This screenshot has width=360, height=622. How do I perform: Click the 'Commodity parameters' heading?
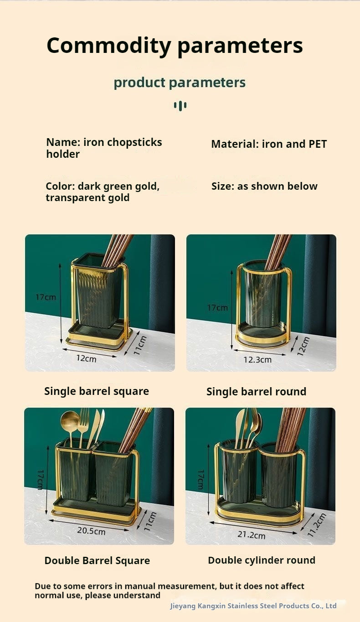point(175,46)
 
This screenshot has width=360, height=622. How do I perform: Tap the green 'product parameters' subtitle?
point(180,83)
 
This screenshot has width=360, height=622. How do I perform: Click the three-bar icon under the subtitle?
point(180,106)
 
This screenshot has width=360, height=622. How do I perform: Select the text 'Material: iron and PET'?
point(269,144)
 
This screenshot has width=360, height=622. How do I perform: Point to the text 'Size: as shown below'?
point(264,186)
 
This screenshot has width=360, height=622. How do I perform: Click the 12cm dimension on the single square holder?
point(86,358)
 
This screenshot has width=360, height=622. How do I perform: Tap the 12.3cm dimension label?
point(257,359)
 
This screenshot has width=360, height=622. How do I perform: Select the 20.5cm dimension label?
point(91,531)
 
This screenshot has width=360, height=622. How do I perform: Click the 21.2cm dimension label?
point(251,534)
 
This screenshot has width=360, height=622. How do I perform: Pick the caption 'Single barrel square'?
point(97,391)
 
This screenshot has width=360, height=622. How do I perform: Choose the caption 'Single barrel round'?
point(256,391)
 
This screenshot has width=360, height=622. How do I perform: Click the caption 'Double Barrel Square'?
point(97,560)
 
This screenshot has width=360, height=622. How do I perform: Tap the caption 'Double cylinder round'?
point(262,560)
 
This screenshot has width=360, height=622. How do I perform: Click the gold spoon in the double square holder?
point(70,422)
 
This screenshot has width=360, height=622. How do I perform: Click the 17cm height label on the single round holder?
point(217,307)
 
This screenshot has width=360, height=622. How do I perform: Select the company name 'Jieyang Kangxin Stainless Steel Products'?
point(253,606)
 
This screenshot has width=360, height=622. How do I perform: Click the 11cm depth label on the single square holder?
point(140,346)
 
